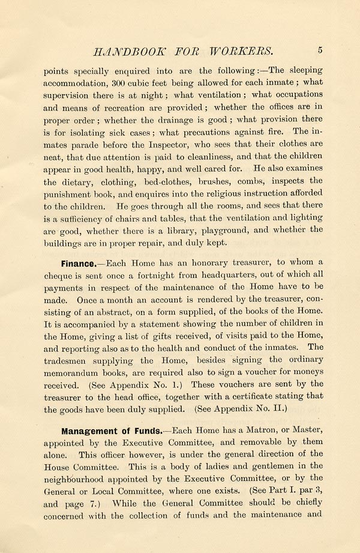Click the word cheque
pyautogui.click(x=59, y=277)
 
